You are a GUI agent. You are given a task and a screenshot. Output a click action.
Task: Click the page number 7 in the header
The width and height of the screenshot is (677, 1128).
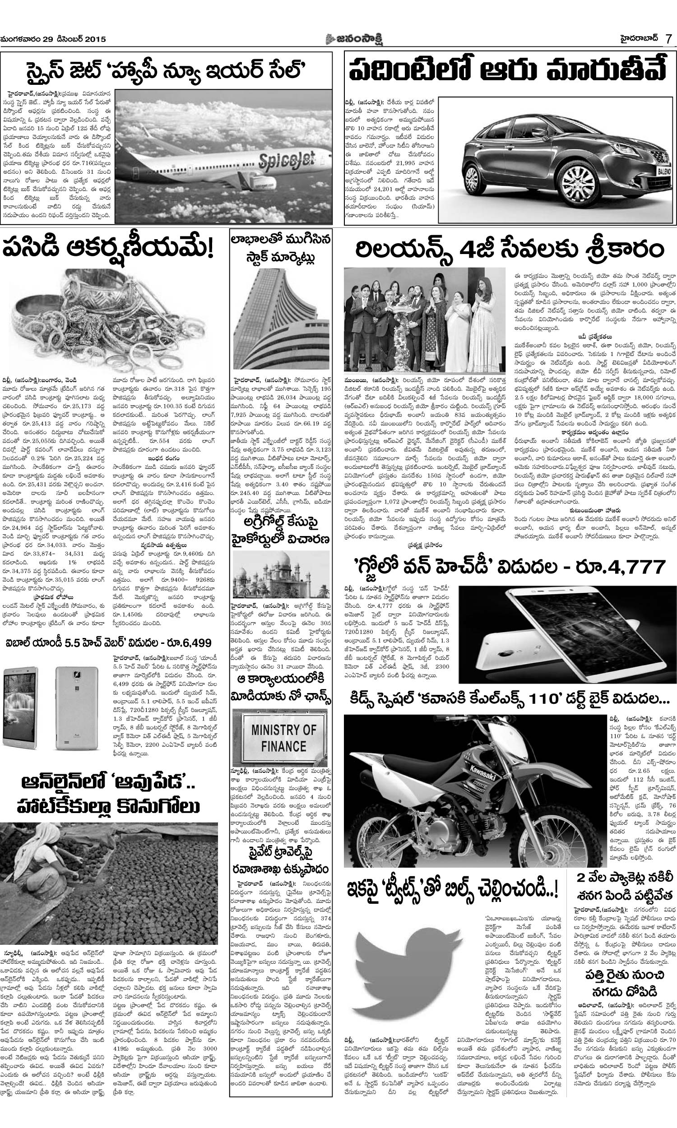pos(668,39)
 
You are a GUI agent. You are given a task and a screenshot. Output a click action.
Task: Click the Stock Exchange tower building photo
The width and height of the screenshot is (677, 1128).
pos(282,319)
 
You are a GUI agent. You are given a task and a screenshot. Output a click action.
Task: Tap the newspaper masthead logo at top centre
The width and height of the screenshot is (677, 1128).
pos(338,39)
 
